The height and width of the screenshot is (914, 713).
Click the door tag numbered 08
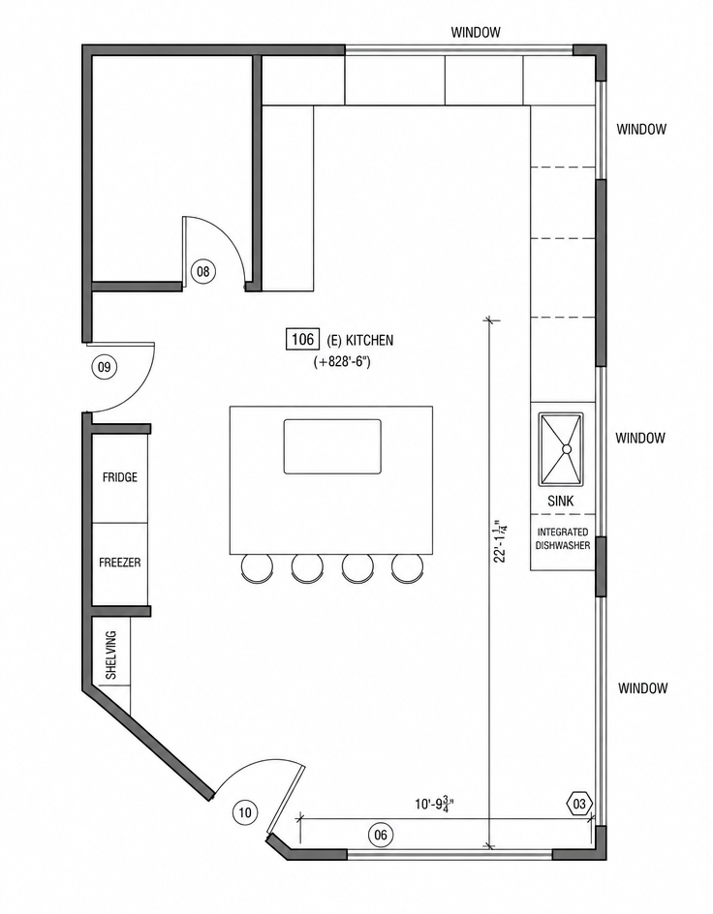click(x=202, y=271)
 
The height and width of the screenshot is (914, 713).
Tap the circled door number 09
click(x=105, y=367)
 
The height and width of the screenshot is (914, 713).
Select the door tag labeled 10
click(x=245, y=812)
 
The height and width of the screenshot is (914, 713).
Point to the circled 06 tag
click(x=380, y=835)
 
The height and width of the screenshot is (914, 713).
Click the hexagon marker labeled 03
click(x=579, y=805)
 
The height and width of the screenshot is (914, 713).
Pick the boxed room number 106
click(x=302, y=339)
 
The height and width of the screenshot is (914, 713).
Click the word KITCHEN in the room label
click(x=370, y=340)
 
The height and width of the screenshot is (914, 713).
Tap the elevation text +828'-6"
click(x=342, y=362)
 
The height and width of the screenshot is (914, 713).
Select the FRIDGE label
click(x=120, y=477)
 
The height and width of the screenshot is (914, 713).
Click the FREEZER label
click(x=119, y=563)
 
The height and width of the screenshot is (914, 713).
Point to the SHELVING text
click(x=110, y=655)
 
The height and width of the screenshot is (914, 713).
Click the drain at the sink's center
click(x=566, y=449)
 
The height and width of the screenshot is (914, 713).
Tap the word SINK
click(x=560, y=501)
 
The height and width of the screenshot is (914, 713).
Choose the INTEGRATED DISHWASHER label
click(x=563, y=538)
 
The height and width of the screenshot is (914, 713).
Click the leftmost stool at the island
click(x=257, y=567)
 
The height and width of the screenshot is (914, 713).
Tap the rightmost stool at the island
click(x=408, y=567)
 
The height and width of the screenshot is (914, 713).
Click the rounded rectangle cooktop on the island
click(x=333, y=446)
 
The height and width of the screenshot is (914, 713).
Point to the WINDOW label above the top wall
click(x=475, y=32)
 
